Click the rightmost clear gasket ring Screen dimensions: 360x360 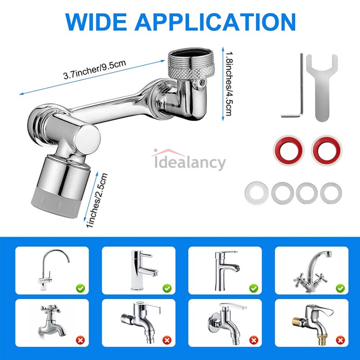[x=331, y=192]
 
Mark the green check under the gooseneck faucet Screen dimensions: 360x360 [x=80, y=287]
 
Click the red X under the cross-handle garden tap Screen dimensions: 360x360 [x=80, y=341]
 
